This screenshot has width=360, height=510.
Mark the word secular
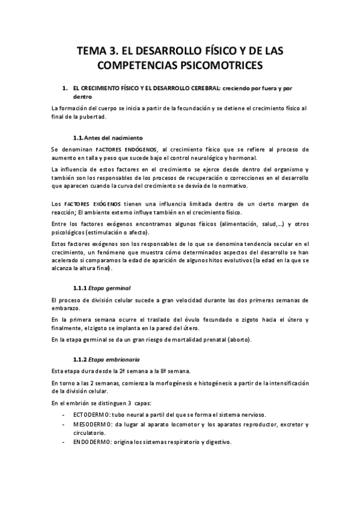click(x=282, y=244)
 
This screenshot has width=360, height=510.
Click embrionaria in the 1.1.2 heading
click(x=121, y=359)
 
